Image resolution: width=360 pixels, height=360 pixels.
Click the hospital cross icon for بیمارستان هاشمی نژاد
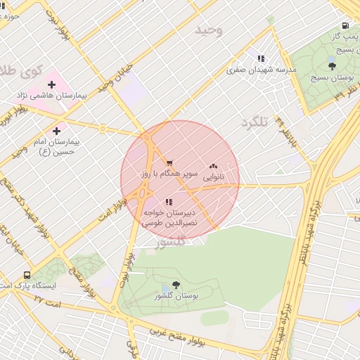coord(51,84)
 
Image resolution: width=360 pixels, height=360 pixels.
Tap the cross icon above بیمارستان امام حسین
coord(57,131)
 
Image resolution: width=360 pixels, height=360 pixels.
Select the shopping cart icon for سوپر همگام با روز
coord(169,163)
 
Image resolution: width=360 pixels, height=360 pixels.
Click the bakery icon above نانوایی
coord(213,167)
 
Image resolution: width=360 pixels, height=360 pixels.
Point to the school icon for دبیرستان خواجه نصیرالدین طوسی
coord(167,202)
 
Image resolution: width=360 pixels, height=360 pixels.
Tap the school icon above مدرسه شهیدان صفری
coord(261,59)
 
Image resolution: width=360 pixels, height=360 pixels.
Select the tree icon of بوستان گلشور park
coord(175,285)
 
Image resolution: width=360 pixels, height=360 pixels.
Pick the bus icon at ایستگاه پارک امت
coord(27,276)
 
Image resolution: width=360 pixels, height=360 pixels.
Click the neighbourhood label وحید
coord(209,30)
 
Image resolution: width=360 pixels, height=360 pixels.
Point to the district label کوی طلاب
coord(21,70)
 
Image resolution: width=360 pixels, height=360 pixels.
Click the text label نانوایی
coord(213,178)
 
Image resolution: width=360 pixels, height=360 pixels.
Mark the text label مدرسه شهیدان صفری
coord(262,70)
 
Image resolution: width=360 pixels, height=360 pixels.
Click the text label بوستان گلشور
coord(177,297)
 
